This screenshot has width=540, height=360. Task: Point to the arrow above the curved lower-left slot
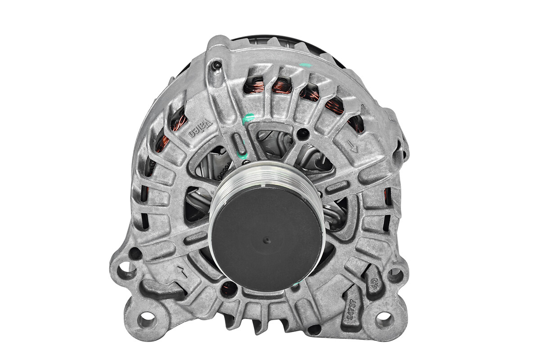[x=182, y=271]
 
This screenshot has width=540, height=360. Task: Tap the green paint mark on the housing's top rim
[x=306, y=66]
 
